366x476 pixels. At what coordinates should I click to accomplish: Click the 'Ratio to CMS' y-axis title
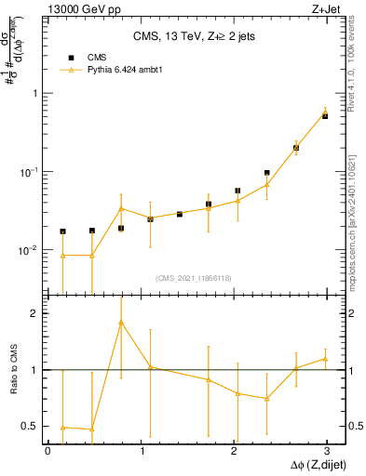point(14,371)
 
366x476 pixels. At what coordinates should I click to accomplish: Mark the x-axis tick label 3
point(327,450)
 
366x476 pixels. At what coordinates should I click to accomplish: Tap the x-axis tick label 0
point(47,450)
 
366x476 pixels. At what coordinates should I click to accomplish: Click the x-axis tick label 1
point(141,450)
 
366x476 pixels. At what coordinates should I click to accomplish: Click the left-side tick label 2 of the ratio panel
point(33,313)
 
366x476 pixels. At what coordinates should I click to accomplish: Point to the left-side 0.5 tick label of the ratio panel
point(28,426)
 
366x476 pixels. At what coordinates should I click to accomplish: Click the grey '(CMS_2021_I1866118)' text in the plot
point(193,278)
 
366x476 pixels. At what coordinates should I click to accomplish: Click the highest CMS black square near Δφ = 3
point(325,116)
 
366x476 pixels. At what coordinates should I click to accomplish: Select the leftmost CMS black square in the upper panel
point(62,231)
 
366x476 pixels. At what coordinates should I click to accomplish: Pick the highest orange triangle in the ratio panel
point(121,323)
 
